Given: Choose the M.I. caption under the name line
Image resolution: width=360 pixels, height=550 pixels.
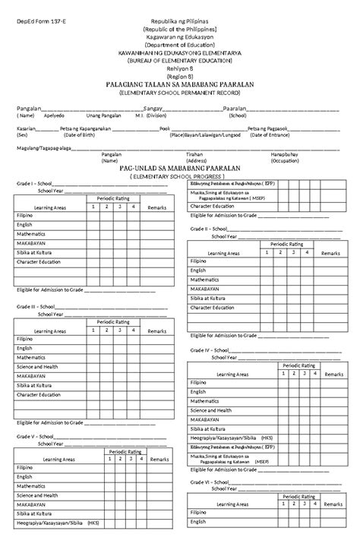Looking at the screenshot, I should pos(139,116).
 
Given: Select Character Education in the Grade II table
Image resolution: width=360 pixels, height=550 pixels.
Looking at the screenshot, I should pos(212,308).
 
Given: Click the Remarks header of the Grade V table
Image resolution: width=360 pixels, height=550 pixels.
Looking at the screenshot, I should pos(159,460).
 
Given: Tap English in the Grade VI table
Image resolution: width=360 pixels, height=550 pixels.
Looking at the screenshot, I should pos(198,522).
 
